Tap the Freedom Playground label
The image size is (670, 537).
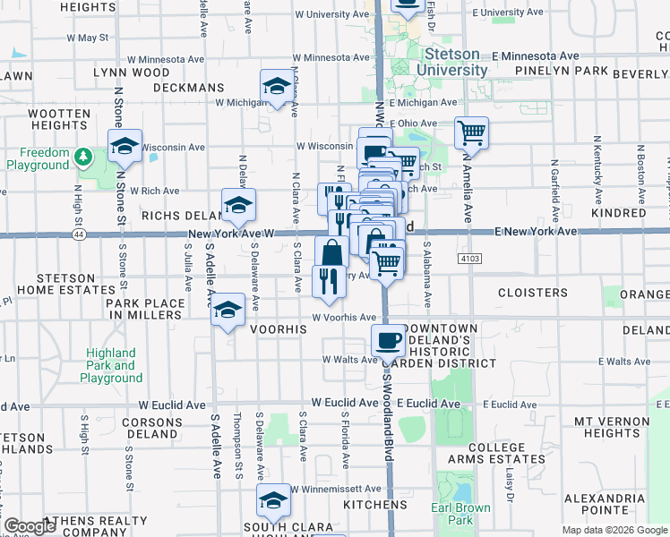(x=38, y=159)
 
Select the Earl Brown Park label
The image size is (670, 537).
(x=460, y=514)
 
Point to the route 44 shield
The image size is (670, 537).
(x=80, y=234)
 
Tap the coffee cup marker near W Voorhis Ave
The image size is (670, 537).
(x=388, y=341)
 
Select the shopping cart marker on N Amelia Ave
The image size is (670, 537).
(x=471, y=133)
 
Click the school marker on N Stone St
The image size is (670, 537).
(x=125, y=145)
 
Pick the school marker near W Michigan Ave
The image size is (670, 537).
(x=277, y=87)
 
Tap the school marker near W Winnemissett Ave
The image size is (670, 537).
(x=273, y=500)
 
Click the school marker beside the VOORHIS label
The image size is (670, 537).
(x=228, y=310)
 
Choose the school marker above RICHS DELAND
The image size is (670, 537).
(x=238, y=206)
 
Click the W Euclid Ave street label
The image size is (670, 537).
(x=345, y=403)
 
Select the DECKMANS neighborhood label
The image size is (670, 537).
(x=188, y=88)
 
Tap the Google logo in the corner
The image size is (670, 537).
(x=30, y=526)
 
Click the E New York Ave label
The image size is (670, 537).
(x=536, y=231)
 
